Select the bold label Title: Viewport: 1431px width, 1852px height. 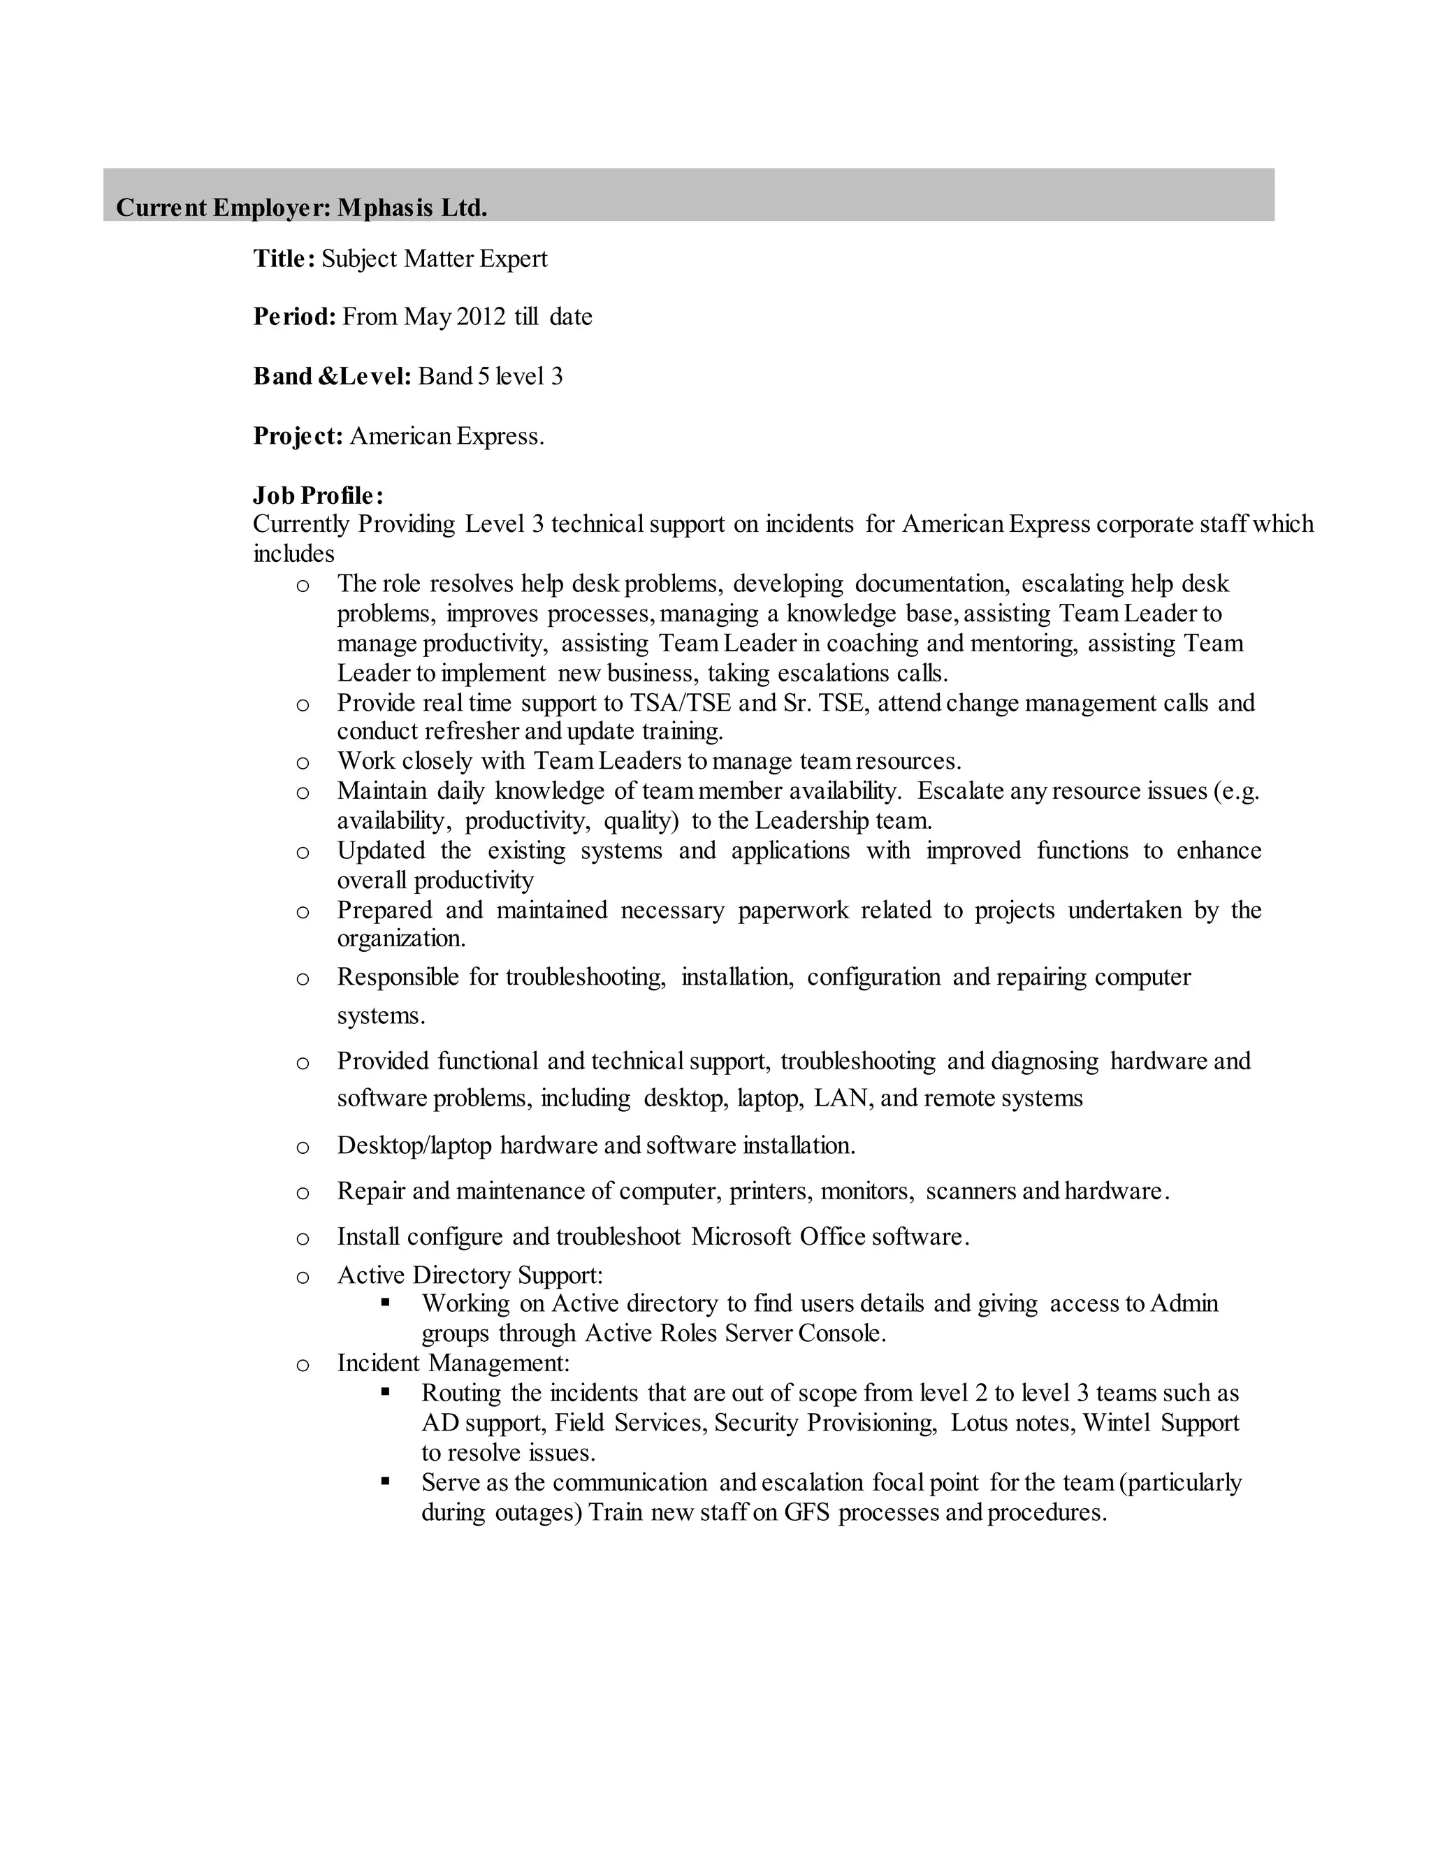[284, 259]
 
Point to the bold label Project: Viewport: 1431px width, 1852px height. [298, 436]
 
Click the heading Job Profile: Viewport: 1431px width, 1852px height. [318, 495]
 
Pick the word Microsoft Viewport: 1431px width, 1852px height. [742, 1237]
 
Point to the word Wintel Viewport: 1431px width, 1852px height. [1117, 1422]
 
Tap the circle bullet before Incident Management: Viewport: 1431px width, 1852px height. [303, 1364]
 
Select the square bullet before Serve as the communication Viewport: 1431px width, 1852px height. [386, 1481]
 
